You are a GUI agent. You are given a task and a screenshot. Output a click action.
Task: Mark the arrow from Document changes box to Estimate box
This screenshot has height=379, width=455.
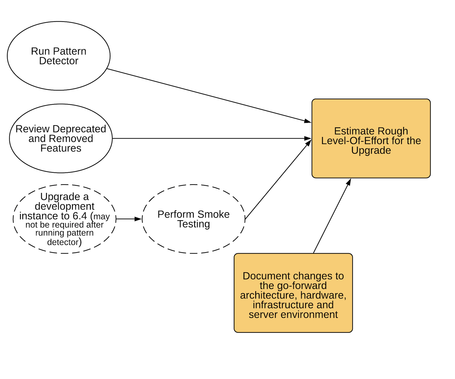click(332, 216)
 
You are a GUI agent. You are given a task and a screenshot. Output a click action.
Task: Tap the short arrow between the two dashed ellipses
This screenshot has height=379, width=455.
click(129, 219)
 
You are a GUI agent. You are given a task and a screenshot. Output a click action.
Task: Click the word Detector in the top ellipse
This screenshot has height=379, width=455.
click(59, 61)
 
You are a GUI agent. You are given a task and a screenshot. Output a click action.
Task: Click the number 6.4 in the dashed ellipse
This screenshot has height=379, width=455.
click(80, 216)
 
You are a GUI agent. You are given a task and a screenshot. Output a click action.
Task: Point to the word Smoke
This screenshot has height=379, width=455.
click(213, 214)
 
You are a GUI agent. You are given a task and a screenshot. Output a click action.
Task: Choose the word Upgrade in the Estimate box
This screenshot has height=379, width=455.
click(371, 150)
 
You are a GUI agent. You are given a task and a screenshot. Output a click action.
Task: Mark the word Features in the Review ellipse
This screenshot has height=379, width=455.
click(61, 148)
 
